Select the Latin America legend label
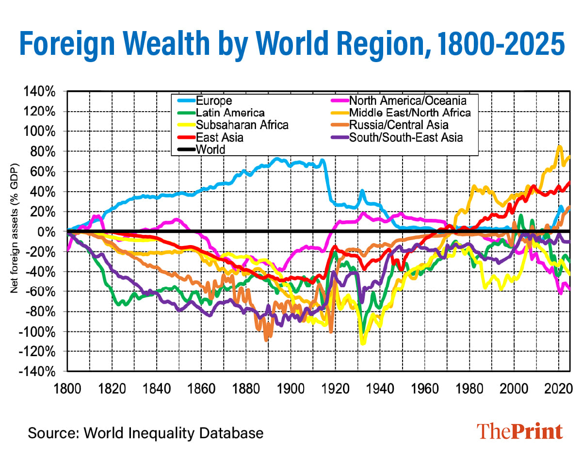[223, 113]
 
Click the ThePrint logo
[519, 431]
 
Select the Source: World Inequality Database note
[145, 432]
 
